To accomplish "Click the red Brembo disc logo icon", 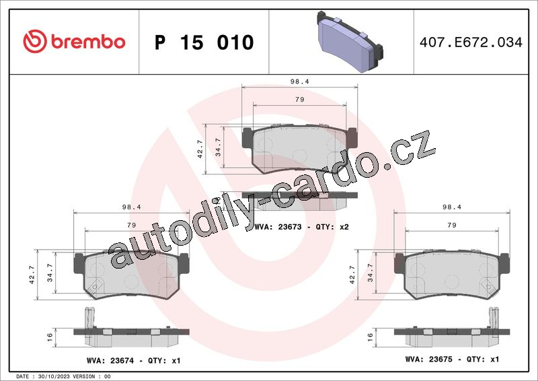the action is click(x=35, y=41).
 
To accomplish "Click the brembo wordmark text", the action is click(x=88, y=42).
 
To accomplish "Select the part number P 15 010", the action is click(x=204, y=42).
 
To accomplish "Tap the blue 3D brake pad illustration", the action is click(x=350, y=42).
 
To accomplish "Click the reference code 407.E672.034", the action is click(x=471, y=42).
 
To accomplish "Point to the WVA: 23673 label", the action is click(x=278, y=227).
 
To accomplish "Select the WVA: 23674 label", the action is click(x=110, y=361).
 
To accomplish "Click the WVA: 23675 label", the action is click(x=428, y=359).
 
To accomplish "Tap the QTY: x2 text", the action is click(x=332, y=227).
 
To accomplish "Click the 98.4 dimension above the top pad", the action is click(x=299, y=81).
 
